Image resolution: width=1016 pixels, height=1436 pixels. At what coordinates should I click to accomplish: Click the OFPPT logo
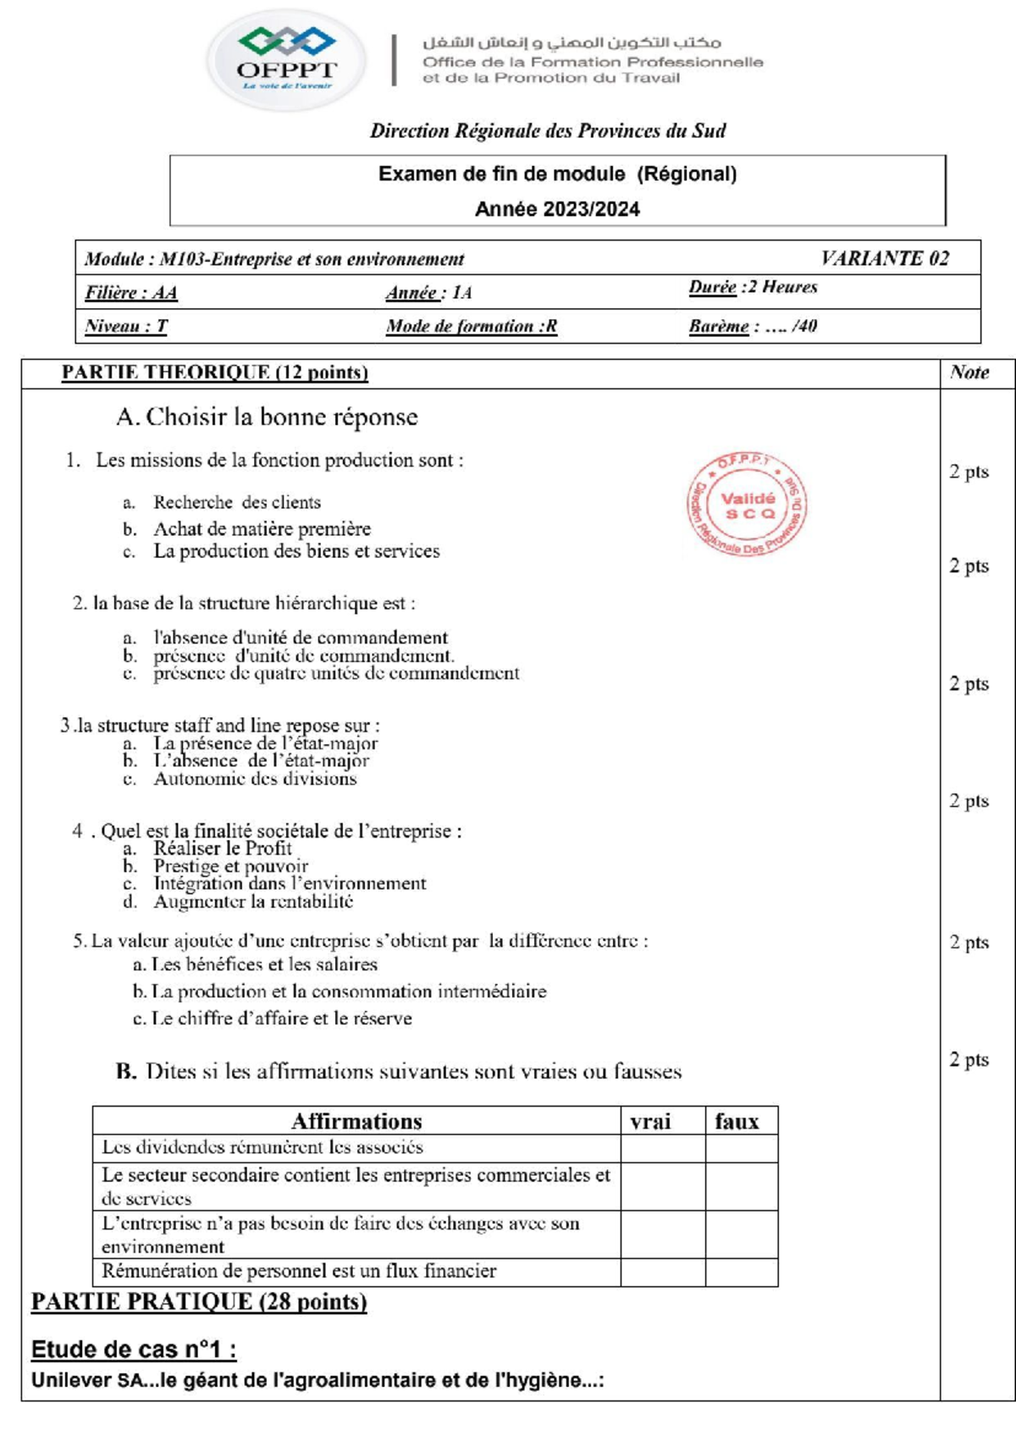[x=286, y=60]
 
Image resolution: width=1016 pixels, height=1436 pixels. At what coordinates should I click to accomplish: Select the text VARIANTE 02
[x=885, y=258]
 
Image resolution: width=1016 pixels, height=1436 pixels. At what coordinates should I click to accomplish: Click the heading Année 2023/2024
[x=557, y=209]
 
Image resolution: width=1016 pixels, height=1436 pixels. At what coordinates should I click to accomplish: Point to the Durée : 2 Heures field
[x=753, y=287]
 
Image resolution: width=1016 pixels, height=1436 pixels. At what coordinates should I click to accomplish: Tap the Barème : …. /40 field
[x=753, y=326]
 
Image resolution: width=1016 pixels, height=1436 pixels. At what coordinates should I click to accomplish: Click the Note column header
[x=969, y=373]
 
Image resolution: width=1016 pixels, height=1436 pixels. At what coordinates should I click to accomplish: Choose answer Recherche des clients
[x=236, y=502]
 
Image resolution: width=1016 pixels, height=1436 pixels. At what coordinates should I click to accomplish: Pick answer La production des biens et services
[x=296, y=551]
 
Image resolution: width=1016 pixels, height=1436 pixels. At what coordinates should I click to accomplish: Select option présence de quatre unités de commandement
[x=336, y=673]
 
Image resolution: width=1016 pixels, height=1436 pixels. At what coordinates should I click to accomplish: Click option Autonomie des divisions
[x=255, y=779]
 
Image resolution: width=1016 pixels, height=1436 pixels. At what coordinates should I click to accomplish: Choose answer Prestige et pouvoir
[x=230, y=866]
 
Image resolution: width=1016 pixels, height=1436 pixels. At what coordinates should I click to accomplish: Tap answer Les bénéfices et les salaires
[x=263, y=964]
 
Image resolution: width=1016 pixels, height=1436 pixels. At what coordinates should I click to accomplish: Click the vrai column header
[x=650, y=1122]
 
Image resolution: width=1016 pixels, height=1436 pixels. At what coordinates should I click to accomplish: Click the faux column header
[x=737, y=1122]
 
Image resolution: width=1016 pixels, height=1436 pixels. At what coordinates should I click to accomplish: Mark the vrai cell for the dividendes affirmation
[x=663, y=1148]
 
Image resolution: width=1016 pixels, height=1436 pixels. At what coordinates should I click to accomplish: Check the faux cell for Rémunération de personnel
[x=741, y=1272]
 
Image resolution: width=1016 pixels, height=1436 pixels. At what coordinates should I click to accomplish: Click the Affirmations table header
[x=356, y=1122]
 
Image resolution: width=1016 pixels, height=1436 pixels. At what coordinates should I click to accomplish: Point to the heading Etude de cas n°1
[x=134, y=1350]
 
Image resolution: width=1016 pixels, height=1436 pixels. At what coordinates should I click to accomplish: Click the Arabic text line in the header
[x=571, y=42]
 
